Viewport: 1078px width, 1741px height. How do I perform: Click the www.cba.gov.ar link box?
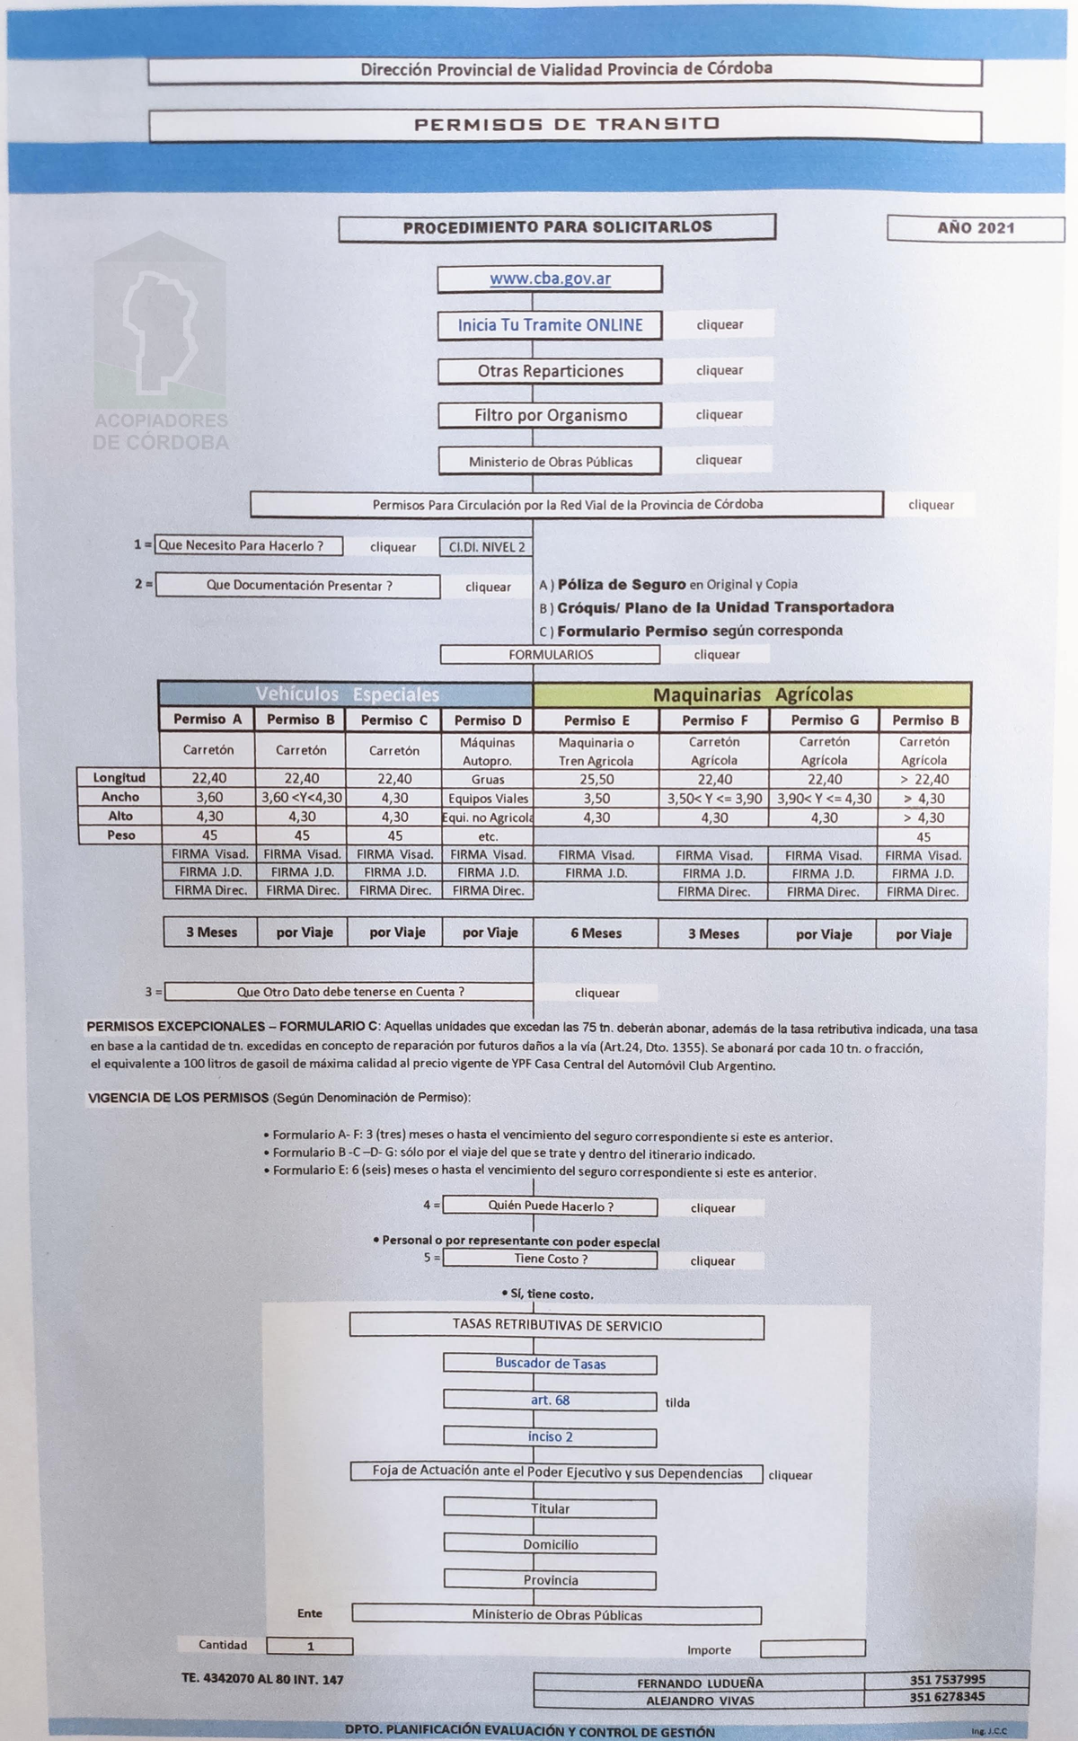[x=550, y=278]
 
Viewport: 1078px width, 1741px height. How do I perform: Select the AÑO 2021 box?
[x=976, y=228]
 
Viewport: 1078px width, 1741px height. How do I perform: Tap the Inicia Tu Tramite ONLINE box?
[x=550, y=325]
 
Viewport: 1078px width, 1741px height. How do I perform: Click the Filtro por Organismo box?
[x=550, y=415]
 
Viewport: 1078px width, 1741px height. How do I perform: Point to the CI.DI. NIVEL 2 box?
[x=486, y=547]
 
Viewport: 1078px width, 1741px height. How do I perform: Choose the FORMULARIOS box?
[x=550, y=655]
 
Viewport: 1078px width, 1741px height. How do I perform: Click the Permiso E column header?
[x=596, y=720]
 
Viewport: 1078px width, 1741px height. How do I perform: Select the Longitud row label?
[x=119, y=778]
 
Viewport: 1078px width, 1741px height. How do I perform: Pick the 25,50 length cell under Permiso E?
[x=596, y=780]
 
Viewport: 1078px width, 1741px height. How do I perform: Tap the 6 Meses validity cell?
[x=596, y=933]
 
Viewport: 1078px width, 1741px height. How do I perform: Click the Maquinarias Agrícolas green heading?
[x=752, y=694]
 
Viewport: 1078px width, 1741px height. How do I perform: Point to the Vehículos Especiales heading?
[x=347, y=694]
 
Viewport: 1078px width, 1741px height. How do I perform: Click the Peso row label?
[x=119, y=835]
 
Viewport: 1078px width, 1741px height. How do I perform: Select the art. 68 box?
[x=550, y=1401]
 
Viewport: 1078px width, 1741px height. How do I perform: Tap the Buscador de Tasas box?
[x=550, y=1364]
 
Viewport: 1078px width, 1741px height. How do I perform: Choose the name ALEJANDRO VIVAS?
[x=700, y=1700]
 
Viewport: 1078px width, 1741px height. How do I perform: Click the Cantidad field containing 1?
[x=310, y=1647]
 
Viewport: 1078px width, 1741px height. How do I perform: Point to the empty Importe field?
[x=812, y=1648]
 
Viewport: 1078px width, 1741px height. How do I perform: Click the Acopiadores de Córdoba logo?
[x=161, y=341]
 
